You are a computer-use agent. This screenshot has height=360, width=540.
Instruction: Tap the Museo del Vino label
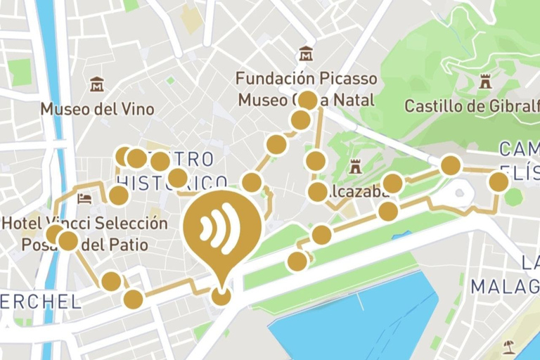pyautogui.click(x=97, y=109)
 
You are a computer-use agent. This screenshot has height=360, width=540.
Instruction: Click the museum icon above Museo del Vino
pyautogui.click(x=97, y=84)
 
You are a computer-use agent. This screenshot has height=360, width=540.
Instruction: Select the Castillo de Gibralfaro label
pyautogui.click(x=471, y=106)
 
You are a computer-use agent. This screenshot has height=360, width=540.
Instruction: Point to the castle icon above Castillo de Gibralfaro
pyautogui.click(x=484, y=82)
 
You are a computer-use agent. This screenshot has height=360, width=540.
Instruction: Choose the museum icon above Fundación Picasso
pyautogui.click(x=306, y=53)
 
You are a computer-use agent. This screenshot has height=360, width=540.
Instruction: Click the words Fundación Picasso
pyautogui.click(x=306, y=78)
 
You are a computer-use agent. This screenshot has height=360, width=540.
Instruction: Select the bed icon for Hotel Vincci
pyautogui.click(x=85, y=198)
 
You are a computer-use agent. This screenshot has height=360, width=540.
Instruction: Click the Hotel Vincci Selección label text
pyautogui.click(x=84, y=224)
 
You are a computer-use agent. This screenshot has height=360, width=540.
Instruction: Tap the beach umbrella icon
pyautogui.click(x=508, y=347)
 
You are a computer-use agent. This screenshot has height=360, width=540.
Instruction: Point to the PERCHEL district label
pyautogui.click(x=39, y=302)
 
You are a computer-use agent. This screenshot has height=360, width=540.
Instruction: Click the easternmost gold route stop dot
pyautogui.click(x=499, y=182)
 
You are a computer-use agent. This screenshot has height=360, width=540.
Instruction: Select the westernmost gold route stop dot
pyautogui.click(x=55, y=234)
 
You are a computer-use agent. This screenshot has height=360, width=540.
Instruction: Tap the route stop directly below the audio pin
pyautogui.click(x=221, y=296)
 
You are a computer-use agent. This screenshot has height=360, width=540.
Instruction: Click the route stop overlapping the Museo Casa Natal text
pyautogui.click(x=307, y=100)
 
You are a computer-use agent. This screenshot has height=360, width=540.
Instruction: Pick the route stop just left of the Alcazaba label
pyautogui.click(x=317, y=191)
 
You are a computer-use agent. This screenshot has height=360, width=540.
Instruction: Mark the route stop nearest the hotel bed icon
pyautogui.click(x=118, y=195)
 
